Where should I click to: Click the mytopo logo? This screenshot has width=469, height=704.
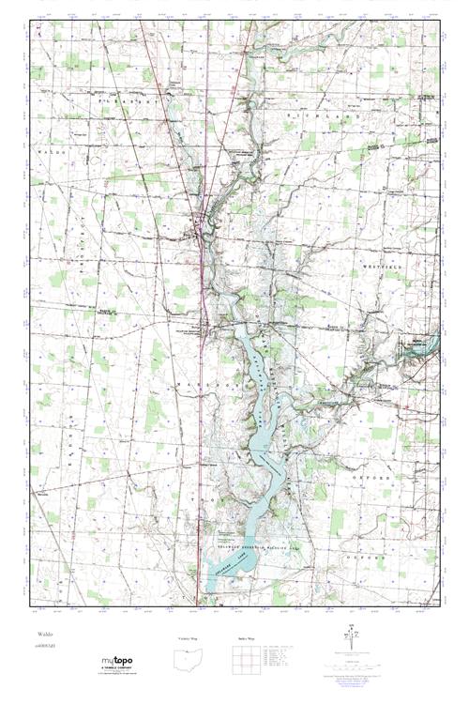coord(116,661)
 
